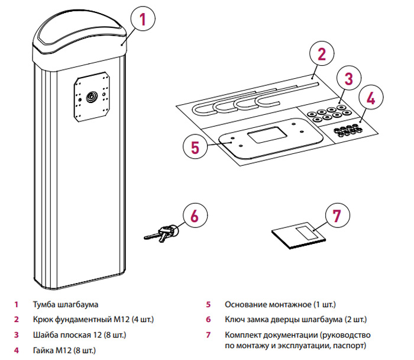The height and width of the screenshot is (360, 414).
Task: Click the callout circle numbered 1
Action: [x=142, y=20]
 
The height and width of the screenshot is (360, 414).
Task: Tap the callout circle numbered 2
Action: [x=321, y=55]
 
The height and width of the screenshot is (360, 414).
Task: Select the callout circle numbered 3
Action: [x=349, y=79]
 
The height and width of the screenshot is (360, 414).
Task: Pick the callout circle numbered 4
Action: [x=370, y=98]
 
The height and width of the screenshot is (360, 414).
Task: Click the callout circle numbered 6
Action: [x=196, y=217]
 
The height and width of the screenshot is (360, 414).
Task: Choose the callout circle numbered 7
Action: [x=337, y=216]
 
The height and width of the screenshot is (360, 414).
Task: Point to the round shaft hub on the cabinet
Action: [x=92, y=96]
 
